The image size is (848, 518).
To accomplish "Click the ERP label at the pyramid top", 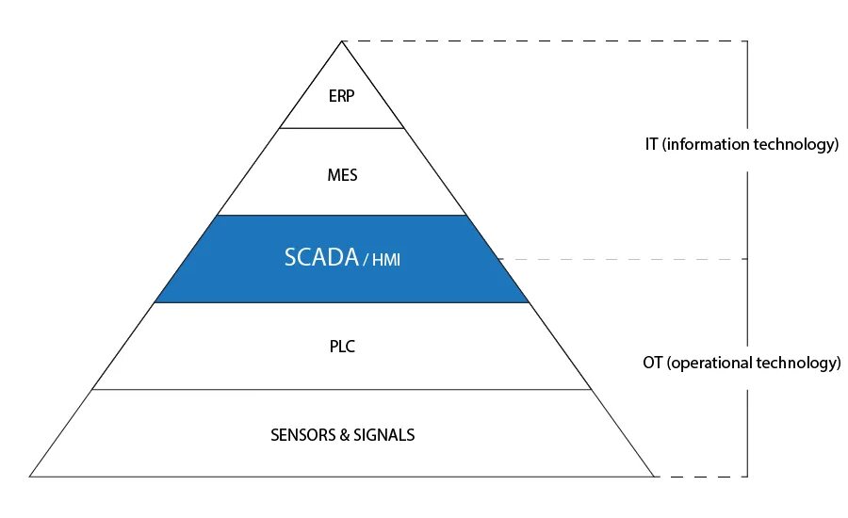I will (x=342, y=97).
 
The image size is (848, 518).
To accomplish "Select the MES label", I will (x=342, y=175).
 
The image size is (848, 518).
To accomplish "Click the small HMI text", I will (x=386, y=260).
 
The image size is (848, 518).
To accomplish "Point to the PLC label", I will (x=342, y=347).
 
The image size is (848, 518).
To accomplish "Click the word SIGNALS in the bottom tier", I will (x=383, y=435).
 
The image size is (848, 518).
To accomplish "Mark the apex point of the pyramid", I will (x=342, y=41).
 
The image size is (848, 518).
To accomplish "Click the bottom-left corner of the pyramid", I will (x=31, y=476).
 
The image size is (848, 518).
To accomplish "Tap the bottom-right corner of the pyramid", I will (x=653, y=476).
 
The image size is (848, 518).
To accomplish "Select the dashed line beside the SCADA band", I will (x=622, y=258).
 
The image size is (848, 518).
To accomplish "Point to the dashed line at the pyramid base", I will (x=697, y=476).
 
